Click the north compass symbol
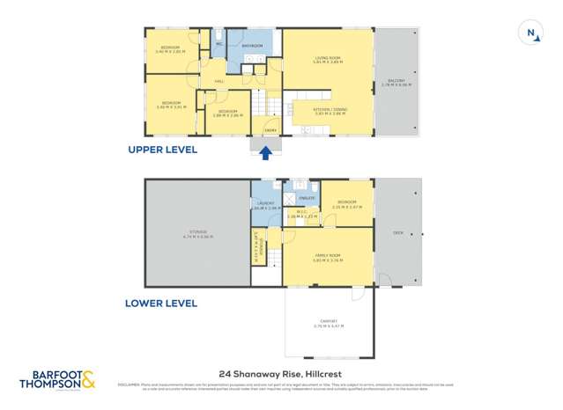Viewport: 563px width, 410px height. coord(532,34)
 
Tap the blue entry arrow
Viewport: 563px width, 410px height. coord(266,154)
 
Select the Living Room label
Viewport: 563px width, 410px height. coord(328,61)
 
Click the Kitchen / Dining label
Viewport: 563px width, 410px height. coord(330,111)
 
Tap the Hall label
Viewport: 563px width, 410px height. coord(218,84)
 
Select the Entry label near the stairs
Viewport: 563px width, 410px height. coord(271,130)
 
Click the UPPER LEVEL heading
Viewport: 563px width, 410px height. coord(163,150)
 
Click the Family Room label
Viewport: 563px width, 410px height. coord(328,257)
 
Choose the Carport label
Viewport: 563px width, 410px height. coord(328,324)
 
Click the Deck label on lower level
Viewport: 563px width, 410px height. coord(397,233)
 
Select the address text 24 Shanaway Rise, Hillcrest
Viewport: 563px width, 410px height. coord(281,372)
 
